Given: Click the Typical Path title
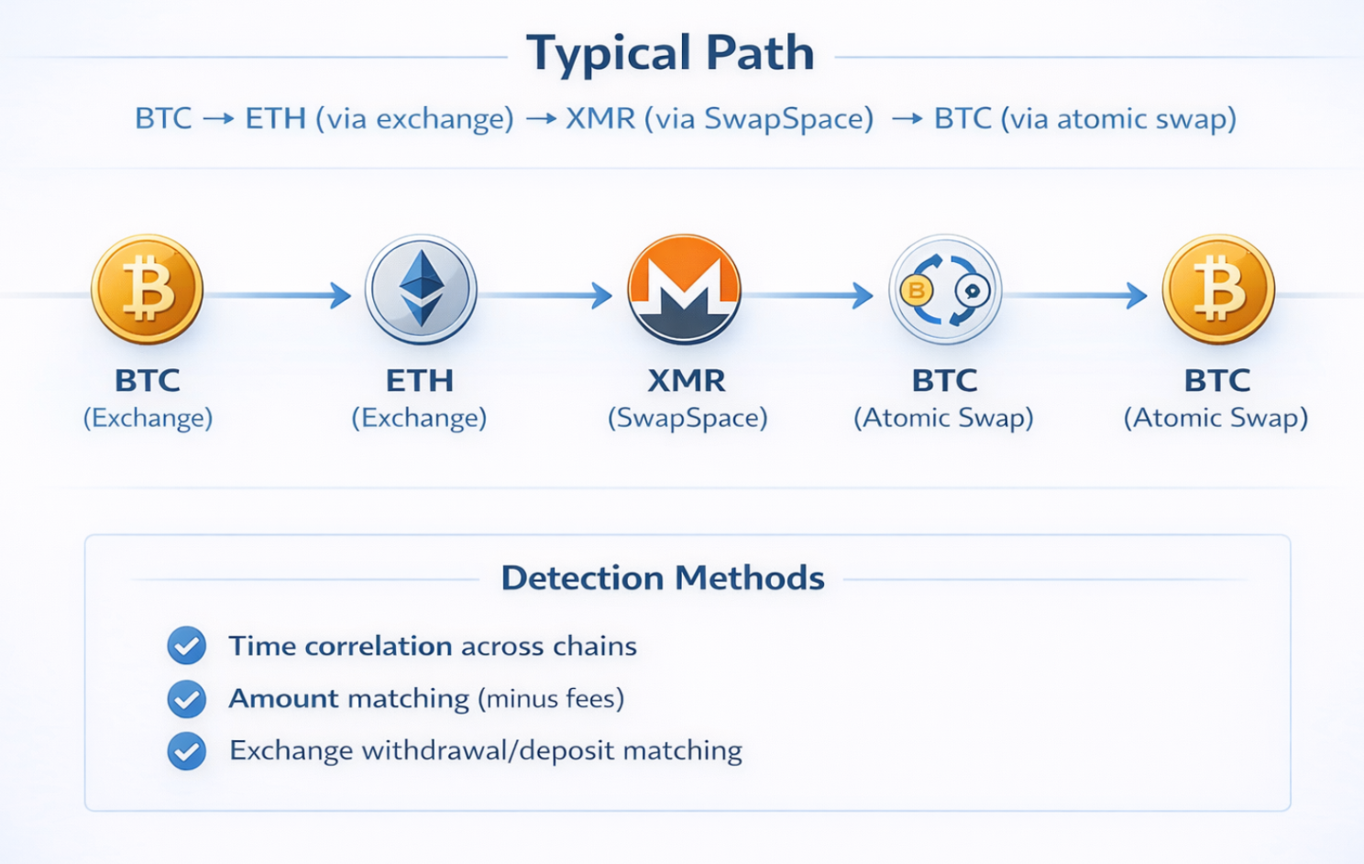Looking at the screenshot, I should point(670,53).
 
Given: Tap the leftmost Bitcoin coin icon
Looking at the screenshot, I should point(147,290).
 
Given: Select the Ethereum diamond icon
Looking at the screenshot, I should point(421,290).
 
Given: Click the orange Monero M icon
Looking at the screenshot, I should point(684,290).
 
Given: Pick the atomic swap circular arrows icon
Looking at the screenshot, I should point(945,290).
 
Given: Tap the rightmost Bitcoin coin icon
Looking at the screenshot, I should point(1218,290).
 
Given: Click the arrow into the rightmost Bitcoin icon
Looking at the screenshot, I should point(1077,295).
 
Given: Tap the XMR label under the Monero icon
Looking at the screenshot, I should point(687,380).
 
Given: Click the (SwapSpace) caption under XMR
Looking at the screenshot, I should point(687,418).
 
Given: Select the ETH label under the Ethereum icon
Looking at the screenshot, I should point(420,380).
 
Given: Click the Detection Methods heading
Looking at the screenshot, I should point(663,578).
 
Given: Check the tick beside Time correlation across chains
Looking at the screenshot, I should point(187,646).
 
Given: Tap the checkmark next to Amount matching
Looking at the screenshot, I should point(187,699).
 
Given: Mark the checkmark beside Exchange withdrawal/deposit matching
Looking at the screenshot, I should point(187,751).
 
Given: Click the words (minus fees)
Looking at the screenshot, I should point(551,699).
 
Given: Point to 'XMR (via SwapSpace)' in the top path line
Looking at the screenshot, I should point(720,119).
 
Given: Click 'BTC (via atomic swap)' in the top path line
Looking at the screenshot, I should point(1085,119).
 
